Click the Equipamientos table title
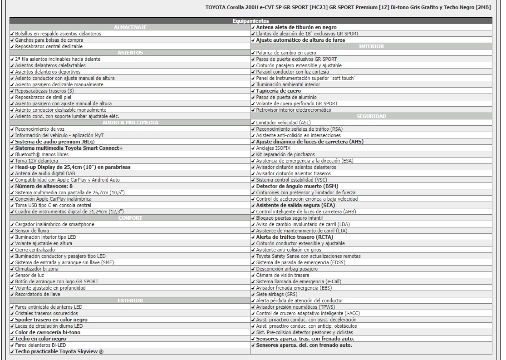click(251, 21)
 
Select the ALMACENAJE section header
click(130, 27)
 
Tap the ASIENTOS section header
click(130, 53)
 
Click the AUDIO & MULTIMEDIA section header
click(130, 123)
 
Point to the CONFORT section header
click(130, 218)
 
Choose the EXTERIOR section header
click(130, 301)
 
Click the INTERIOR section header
click(371, 46)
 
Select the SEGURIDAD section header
click(371, 116)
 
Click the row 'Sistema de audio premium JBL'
click(54, 142)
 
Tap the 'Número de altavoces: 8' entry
click(44, 186)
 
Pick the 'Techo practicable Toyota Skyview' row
click(59, 351)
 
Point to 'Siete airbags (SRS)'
click(276, 294)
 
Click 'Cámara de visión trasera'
click(282, 275)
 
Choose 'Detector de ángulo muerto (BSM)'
click(297, 186)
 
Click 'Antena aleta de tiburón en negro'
click(296, 27)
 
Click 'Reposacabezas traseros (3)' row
click(44, 91)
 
